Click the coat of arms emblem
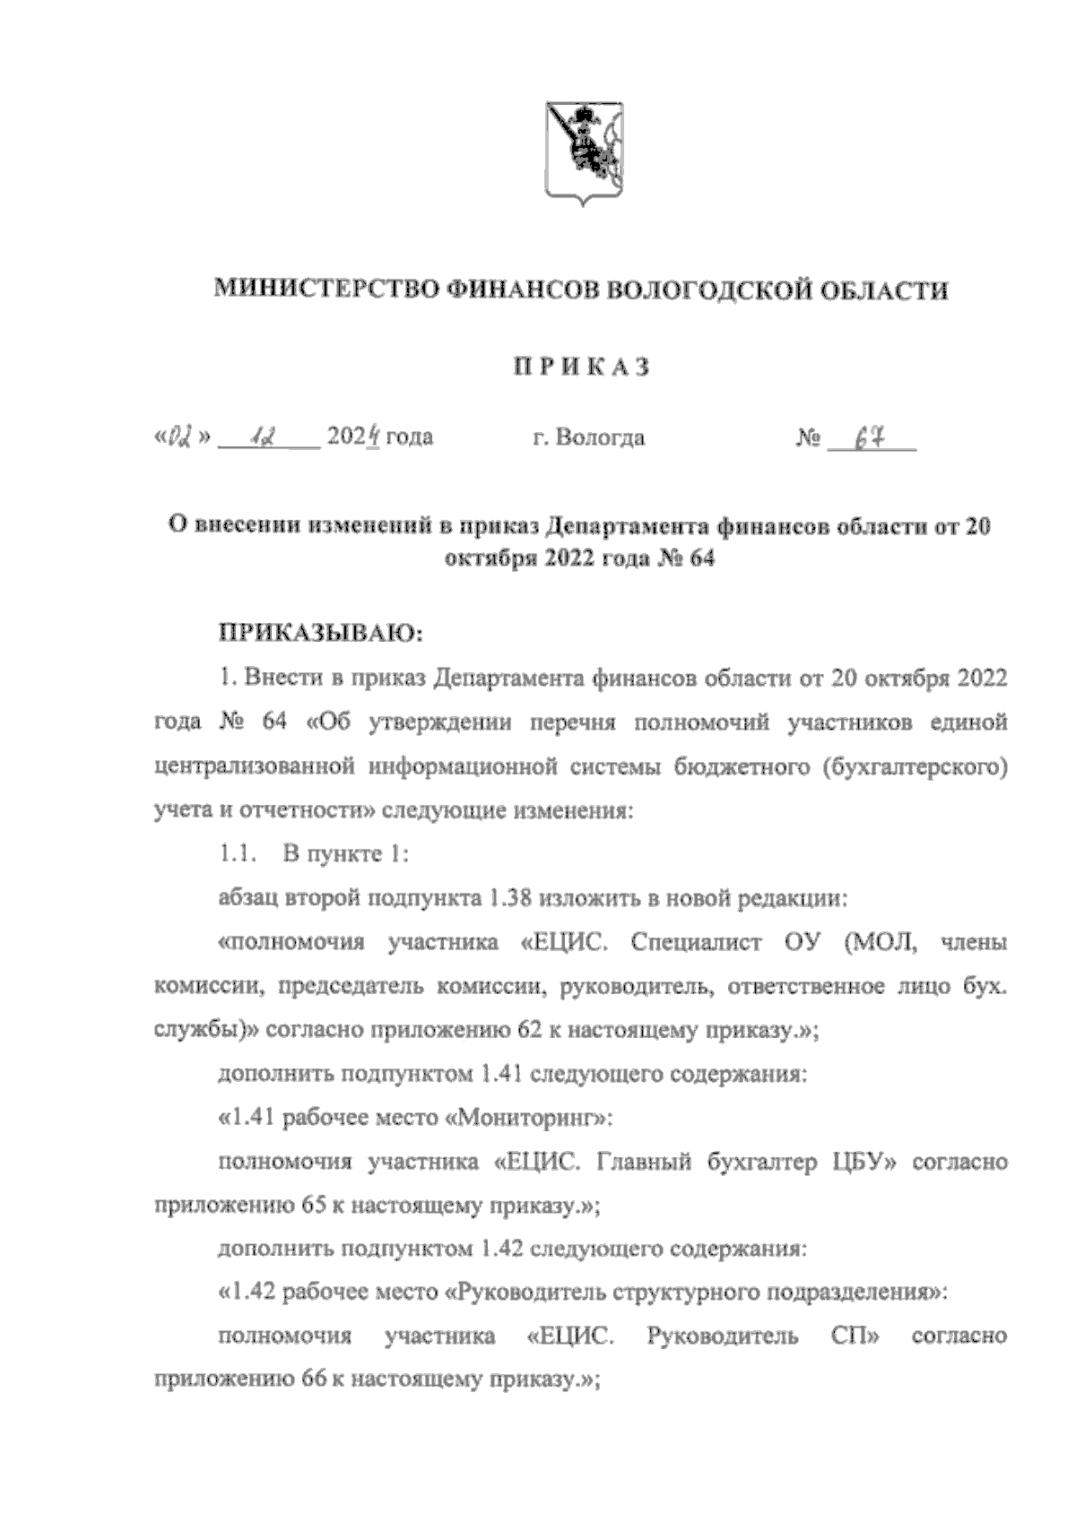[584, 153]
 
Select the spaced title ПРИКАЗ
[579, 367]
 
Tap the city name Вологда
[600, 438]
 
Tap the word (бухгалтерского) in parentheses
[913, 766]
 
